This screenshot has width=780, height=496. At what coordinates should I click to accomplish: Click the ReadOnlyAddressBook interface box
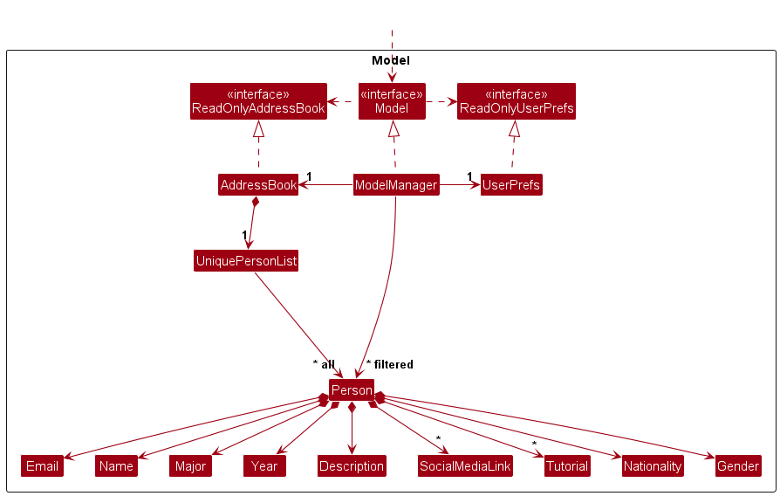pyautogui.click(x=258, y=101)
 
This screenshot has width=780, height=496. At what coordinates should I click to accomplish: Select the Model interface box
pyautogui.click(x=392, y=101)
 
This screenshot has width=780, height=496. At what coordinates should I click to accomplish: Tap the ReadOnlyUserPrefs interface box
pyautogui.click(x=517, y=101)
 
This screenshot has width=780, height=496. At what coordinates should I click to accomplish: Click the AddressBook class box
pyautogui.click(x=258, y=185)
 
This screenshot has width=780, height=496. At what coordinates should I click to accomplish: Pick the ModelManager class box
pyautogui.click(x=395, y=185)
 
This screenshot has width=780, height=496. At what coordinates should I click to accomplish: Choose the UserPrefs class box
pyautogui.click(x=511, y=185)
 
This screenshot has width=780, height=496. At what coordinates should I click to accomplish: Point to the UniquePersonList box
pyautogui.click(x=246, y=260)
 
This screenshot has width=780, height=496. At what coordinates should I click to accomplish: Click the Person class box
pyautogui.click(x=352, y=390)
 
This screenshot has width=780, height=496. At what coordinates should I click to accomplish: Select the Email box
pyautogui.click(x=42, y=465)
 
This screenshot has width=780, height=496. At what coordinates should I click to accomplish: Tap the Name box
pyautogui.click(x=116, y=465)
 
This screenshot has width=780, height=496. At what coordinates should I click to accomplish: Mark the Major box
pyautogui.click(x=189, y=465)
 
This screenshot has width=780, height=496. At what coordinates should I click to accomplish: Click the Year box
pyautogui.click(x=264, y=465)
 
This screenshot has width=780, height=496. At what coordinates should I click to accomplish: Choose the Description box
pyautogui.click(x=351, y=465)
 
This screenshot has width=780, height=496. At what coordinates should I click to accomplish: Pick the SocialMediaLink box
pyautogui.click(x=465, y=465)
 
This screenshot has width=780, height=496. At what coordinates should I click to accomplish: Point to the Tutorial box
pyautogui.click(x=567, y=465)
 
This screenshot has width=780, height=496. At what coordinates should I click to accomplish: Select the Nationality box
pyautogui.click(x=653, y=465)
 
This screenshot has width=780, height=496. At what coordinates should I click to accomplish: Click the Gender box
pyautogui.click(x=737, y=465)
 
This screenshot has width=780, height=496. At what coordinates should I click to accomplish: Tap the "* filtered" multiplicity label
pyautogui.click(x=389, y=364)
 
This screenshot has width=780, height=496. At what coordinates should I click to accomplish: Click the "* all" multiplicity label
pyautogui.click(x=324, y=364)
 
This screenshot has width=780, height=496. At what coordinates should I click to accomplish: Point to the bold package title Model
pyautogui.click(x=390, y=60)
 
